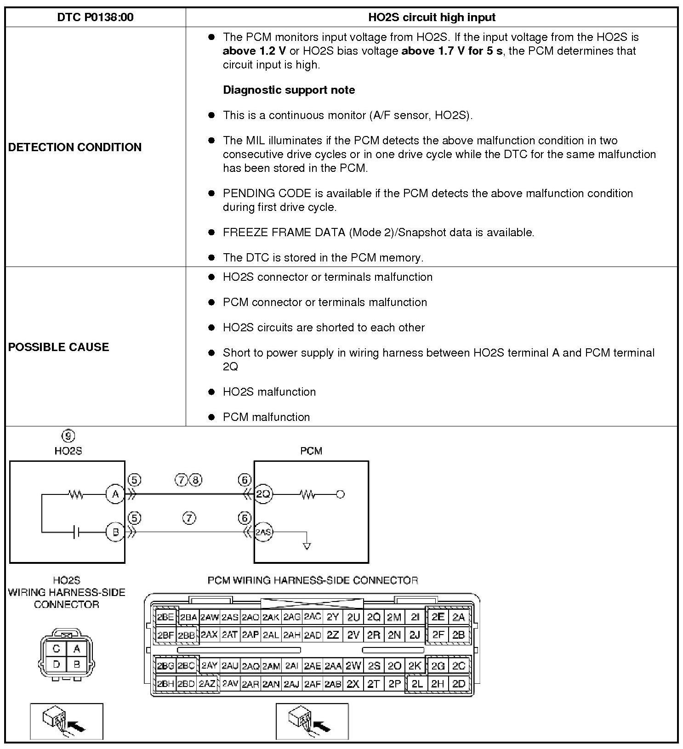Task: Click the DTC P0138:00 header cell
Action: [95, 17]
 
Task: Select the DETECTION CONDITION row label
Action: [75, 147]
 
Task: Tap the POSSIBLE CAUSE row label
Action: [59, 347]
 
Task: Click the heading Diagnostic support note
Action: [289, 90]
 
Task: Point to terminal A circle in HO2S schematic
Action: [115, 494]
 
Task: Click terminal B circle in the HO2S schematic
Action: [115, 532]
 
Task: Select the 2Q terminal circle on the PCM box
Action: [263, 494]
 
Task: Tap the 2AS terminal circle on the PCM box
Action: [263, 532]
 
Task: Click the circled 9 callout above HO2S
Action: [68, 436]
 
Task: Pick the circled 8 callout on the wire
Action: [196, 480]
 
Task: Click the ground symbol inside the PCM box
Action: [307, 545]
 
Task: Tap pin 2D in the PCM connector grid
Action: [459, 684]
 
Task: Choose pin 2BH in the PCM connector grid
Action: [165, 684]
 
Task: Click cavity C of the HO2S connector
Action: [57, 649]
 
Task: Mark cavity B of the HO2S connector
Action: [77, 664]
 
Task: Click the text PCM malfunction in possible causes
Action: [266, 417]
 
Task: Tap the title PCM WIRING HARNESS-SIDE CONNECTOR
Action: [313, 580]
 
